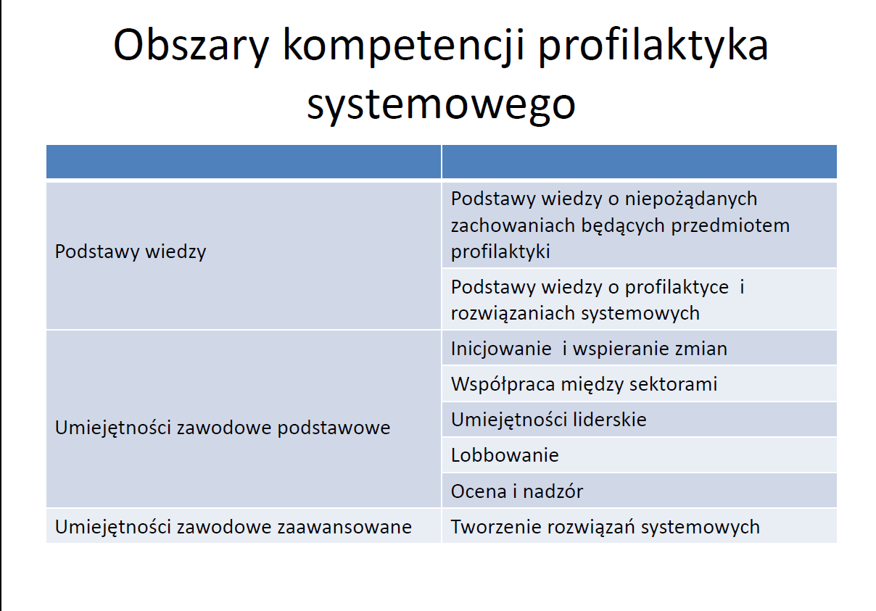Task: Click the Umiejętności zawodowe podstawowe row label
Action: (x=222, y=428)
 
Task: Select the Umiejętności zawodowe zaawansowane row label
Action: (x=233, y=528)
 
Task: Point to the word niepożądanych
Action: (x=690, y=199)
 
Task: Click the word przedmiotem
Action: (x=730, y=226)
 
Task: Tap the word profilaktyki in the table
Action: (x=500, y=252)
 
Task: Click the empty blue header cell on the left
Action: (x=244, y=162)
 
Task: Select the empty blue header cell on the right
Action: (x=640, y=162)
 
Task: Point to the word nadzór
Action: (x=553, y=491)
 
